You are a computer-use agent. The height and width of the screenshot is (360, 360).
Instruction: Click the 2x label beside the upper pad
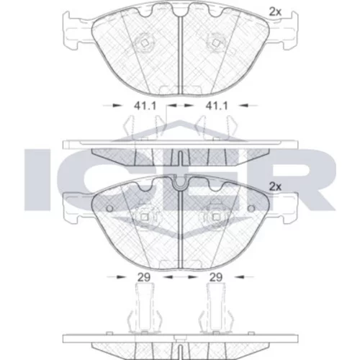point(275,12)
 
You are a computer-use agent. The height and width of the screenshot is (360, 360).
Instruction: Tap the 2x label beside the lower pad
point(275,186)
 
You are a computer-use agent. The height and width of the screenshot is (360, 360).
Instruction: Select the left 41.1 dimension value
point(145,106)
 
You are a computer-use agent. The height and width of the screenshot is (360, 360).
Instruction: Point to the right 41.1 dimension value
point(217,106)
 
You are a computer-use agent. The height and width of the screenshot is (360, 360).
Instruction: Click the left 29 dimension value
point(144,277)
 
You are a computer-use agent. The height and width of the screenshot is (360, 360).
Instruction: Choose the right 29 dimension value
point(216,277)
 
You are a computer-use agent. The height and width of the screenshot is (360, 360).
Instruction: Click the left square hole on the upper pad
point(145,43)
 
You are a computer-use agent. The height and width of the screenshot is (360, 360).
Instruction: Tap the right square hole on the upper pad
point(215,43)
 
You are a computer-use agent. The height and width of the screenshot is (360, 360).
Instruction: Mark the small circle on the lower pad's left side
point(109,209)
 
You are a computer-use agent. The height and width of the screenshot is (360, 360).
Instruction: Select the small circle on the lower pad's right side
point(251,209)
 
